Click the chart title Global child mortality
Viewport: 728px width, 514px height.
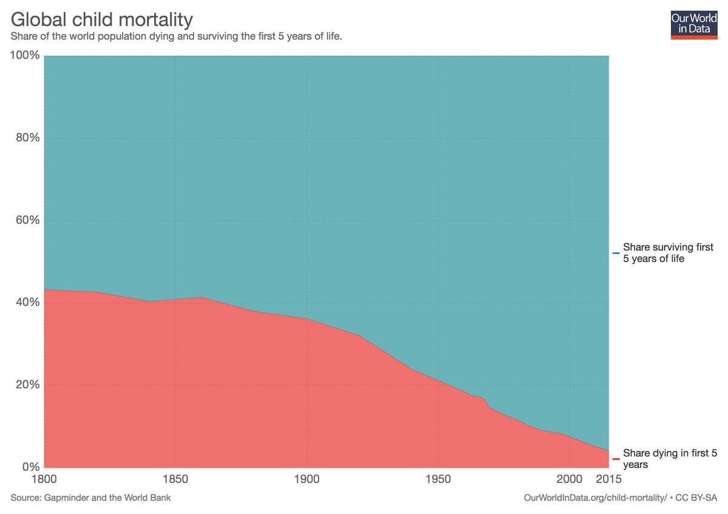pos(102,19)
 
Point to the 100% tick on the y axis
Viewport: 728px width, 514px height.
pos(25,56)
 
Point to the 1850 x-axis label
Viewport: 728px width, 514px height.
pos(175,479)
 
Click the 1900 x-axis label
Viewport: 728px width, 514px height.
pos(307,479)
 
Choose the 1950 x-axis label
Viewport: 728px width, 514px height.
pos(438,479)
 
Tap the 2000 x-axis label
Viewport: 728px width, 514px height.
pos(569,479)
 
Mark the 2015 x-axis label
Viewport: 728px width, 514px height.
pos(608,479)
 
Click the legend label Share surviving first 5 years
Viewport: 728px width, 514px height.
pos(668,253)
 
